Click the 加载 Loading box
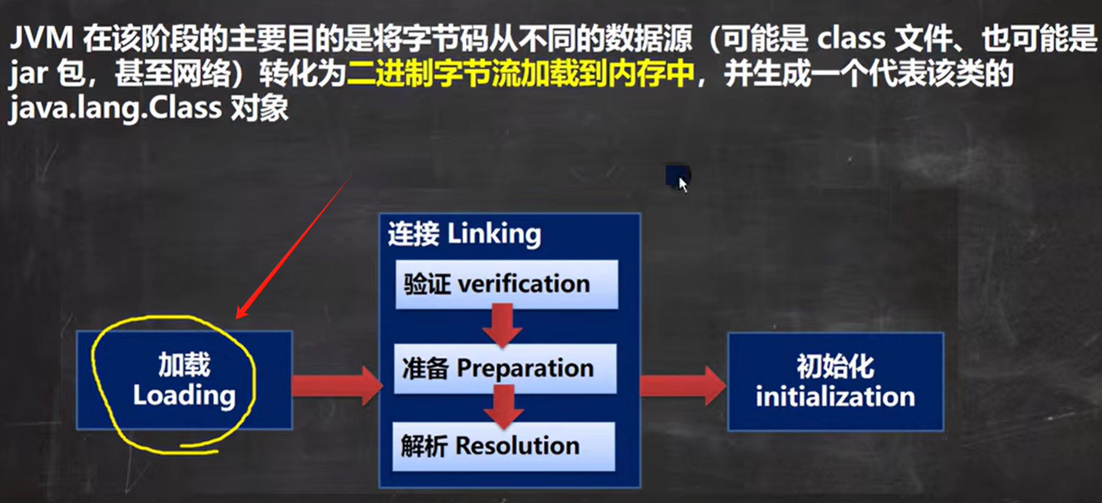[184, 380]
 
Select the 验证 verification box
[506, 285]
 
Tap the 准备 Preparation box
[505, 368]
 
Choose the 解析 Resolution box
[503, 446]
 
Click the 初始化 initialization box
[835, 382]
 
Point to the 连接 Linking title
[464, 234]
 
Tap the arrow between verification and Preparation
[502, 326]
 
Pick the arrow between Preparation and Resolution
[503, 406]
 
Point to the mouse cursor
[681, 182]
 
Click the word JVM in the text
[41, 39]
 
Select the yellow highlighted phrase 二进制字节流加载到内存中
[520, 74]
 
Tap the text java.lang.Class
[115, 108]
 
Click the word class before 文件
[851, 39]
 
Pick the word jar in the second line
[28, 74]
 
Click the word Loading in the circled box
[184, 395]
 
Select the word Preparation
[525, 368]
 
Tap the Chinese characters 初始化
[835, 367]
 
